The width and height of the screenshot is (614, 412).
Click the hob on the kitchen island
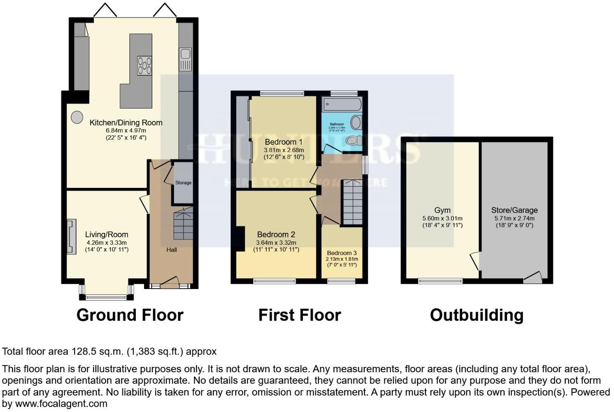[144, 66]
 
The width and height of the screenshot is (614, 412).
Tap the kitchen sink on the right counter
[185, 59]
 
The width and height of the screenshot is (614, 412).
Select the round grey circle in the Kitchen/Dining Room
[77, 117]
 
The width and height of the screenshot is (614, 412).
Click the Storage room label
[183, 183]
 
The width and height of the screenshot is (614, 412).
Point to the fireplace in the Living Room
[71, 237]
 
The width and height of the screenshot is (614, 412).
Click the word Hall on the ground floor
[172, 250]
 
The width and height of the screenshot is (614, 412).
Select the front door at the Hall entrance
[170, 283]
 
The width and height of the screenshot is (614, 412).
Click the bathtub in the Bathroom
[341, 104]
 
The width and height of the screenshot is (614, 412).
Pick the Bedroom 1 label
[284, 142]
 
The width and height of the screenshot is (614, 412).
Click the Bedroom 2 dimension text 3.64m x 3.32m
[276, 243]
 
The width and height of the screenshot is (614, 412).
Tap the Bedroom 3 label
[342, 253]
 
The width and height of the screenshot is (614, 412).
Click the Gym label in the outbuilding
[442, 210]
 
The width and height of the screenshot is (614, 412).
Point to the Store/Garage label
[514, 210]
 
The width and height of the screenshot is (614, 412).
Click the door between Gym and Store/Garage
[475, 261]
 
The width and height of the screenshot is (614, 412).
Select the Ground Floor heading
[130, 315]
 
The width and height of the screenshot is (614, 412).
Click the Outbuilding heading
[477, 315]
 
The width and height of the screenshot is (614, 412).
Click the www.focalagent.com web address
[61, 403]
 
